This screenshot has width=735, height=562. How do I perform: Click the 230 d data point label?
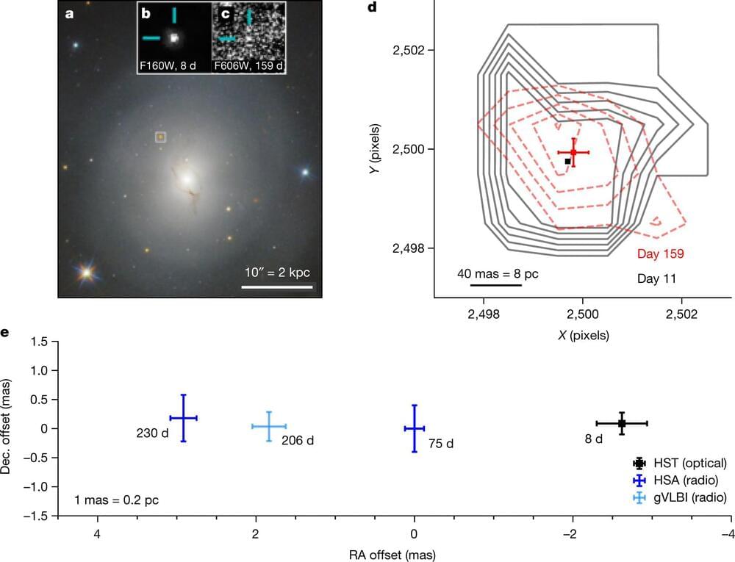click(152, 433)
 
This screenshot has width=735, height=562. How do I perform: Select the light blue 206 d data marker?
click(269, 426)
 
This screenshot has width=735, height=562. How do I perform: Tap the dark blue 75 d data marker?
click(415, 428)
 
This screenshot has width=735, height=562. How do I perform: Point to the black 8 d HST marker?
click(622, 423)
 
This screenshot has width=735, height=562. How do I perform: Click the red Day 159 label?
click(661, 255)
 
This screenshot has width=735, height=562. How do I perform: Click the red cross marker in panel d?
click(573, 153)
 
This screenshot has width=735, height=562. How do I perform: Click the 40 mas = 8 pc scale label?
click(498, 273)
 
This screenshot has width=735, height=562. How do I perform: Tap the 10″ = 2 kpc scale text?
click(277, 273)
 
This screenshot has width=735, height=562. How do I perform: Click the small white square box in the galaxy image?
click(161, 137)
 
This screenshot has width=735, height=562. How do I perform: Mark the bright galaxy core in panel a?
click(186, 178)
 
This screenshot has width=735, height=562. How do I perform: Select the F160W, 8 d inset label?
click(173, 66)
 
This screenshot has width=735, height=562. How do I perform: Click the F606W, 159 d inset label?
click(248, 66)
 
